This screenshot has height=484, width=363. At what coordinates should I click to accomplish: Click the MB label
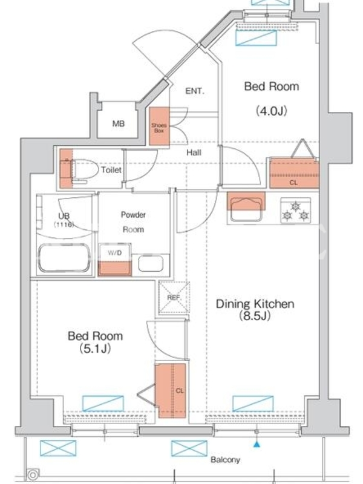(x=119, y=124)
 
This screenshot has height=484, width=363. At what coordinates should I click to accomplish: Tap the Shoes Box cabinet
(x=159, y=126)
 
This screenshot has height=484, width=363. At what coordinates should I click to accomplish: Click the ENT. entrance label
(x=195, y=91)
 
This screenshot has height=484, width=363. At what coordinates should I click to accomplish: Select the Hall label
(x=194, y=152)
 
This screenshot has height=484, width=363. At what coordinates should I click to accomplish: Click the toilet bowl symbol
(x=83, y=170)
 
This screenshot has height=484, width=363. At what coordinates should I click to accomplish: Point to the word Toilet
(x=111, y=169)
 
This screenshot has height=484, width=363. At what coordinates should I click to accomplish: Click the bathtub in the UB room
(x=64, y=258)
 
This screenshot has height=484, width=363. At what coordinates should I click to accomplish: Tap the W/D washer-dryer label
(x=114, y=253)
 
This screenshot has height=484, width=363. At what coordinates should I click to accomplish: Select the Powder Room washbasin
(x=151, y=264)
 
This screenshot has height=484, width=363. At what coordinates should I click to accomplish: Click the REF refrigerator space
(x=174, y=298)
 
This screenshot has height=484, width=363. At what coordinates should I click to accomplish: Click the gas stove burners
(x=295, y=211)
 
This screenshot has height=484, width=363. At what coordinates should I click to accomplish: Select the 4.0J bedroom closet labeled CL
(x=294, y=173)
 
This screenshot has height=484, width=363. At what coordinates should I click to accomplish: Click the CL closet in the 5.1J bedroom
(x=172, y=390)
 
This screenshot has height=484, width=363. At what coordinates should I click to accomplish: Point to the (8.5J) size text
(x=255, y=316)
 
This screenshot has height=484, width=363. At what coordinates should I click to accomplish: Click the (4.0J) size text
(x=271, y=111)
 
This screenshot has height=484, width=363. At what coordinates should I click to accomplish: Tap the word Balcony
(x=225, y=460)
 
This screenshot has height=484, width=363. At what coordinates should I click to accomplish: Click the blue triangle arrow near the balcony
(x=257, y=445)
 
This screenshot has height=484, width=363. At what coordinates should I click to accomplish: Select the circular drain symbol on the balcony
(x=33, y=474)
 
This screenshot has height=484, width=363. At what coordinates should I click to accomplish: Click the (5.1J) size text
(x=96, y=348)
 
